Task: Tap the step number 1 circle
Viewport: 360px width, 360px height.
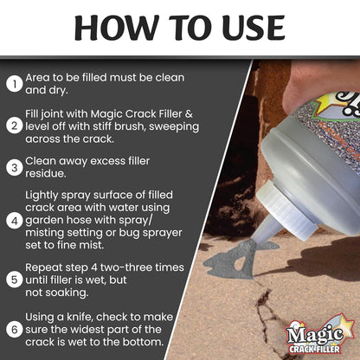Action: click(13, 83)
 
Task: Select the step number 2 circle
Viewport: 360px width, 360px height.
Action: click(13, 126)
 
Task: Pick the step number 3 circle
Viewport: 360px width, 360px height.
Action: click(13, 168)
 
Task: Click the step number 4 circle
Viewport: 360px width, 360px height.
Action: click(13, 220)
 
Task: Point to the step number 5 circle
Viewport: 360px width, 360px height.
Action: click(13, 279)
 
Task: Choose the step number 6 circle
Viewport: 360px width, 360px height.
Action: click(13, 330)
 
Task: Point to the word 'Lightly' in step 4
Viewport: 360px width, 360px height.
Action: click(45, 196)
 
